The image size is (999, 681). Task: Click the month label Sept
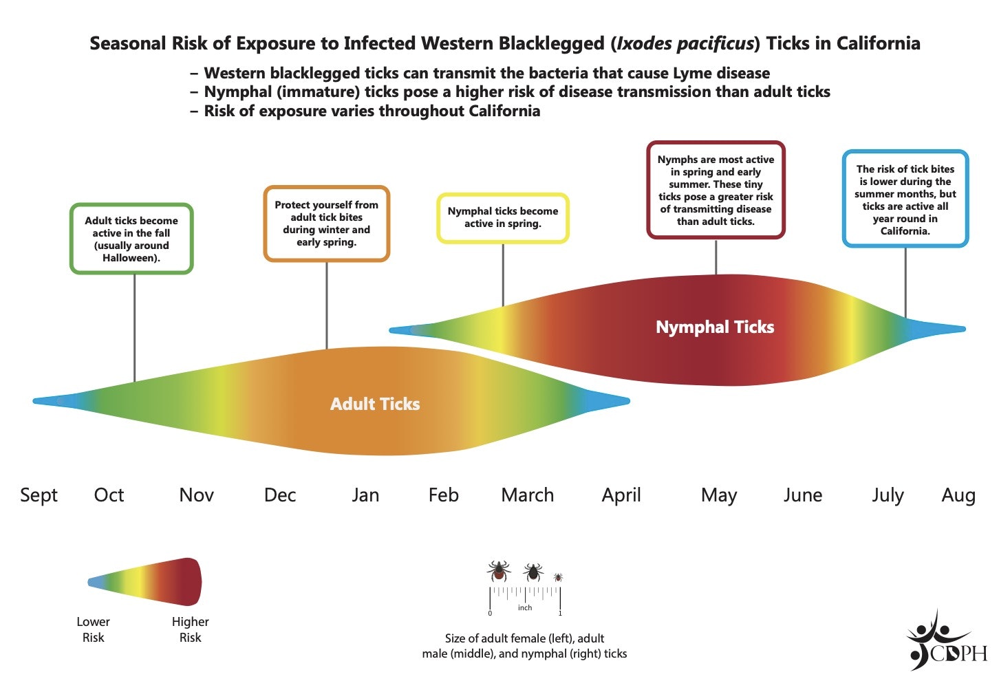click(39, 495)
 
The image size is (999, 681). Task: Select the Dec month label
click(280, 495)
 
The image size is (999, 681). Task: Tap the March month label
click(528, 495)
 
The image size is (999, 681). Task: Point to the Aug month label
click(958, 496)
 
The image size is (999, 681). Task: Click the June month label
click(803, 495)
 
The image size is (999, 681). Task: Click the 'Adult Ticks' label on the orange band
click(375, 404)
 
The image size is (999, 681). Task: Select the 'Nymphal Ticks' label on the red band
click(715, 327)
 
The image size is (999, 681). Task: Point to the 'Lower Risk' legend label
click(93, 629)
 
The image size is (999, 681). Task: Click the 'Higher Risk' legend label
click(191, 629)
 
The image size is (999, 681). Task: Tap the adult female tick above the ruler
click(499, 572)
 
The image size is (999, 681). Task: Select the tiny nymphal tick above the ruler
click(558, 578)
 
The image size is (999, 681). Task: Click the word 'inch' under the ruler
click(525, 608)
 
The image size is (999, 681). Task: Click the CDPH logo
click(947, 640)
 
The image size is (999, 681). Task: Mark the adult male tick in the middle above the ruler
click(533, 572)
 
